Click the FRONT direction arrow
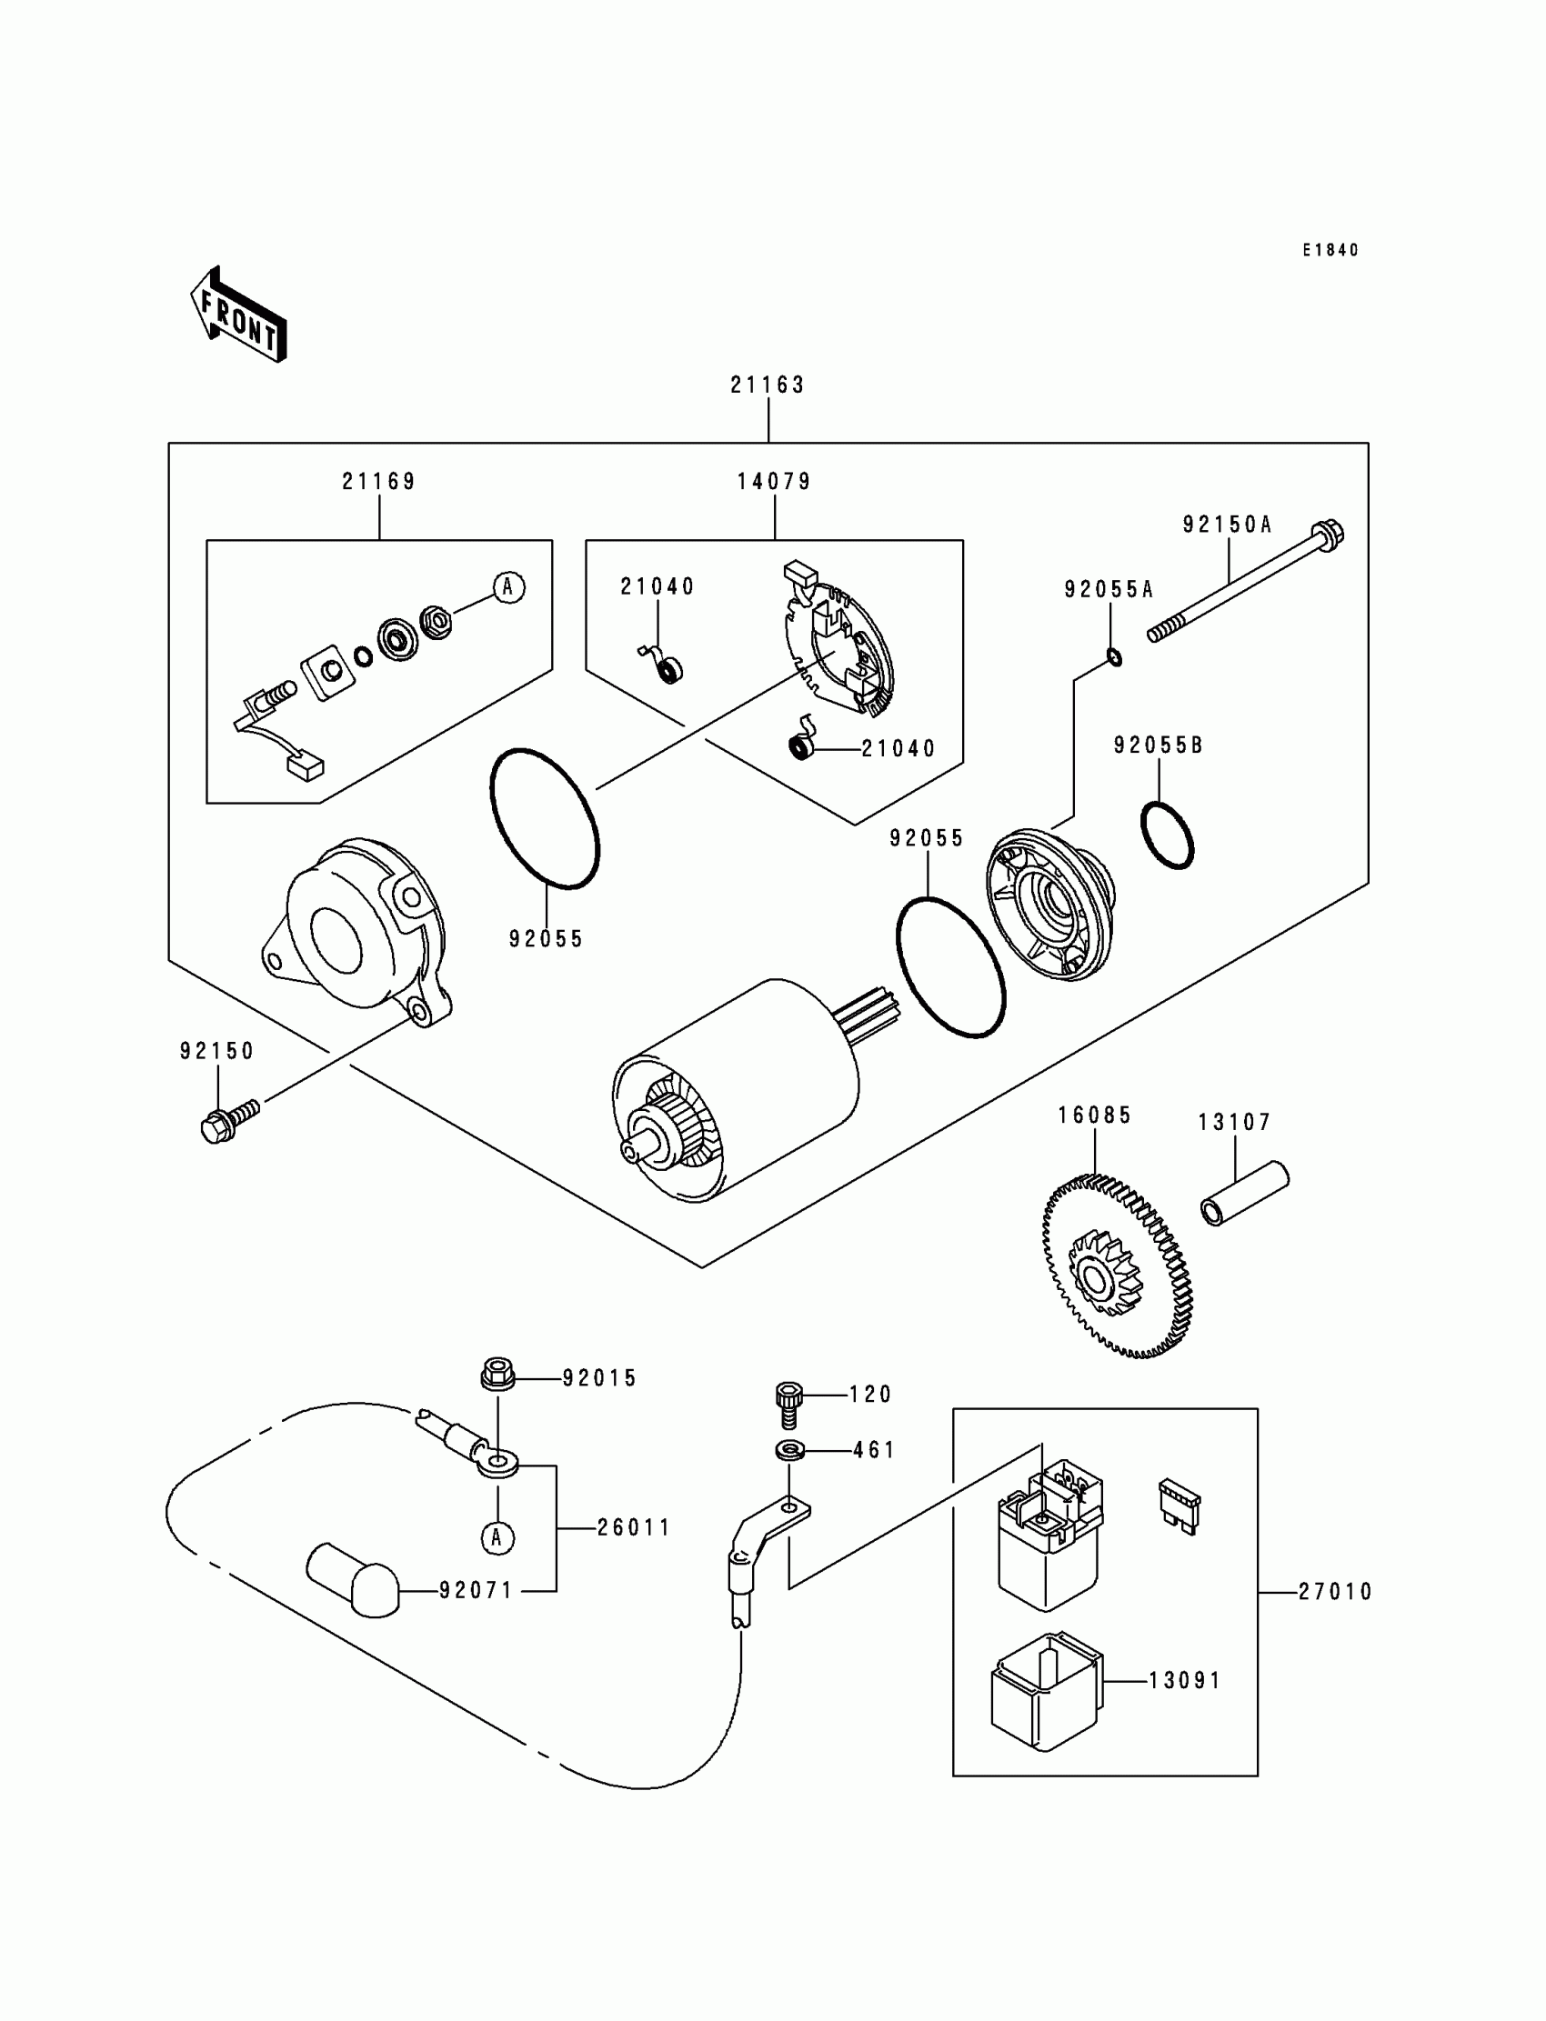238,315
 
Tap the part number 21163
768,385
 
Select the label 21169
379,481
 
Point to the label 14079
774,481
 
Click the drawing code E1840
1330,250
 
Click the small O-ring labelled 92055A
1113,657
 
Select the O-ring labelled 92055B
1167,835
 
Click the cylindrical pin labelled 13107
1244,1193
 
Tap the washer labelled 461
788,1451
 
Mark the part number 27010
1335,1592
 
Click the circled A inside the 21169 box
509,587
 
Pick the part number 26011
634,1528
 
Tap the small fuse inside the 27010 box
1180,1507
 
